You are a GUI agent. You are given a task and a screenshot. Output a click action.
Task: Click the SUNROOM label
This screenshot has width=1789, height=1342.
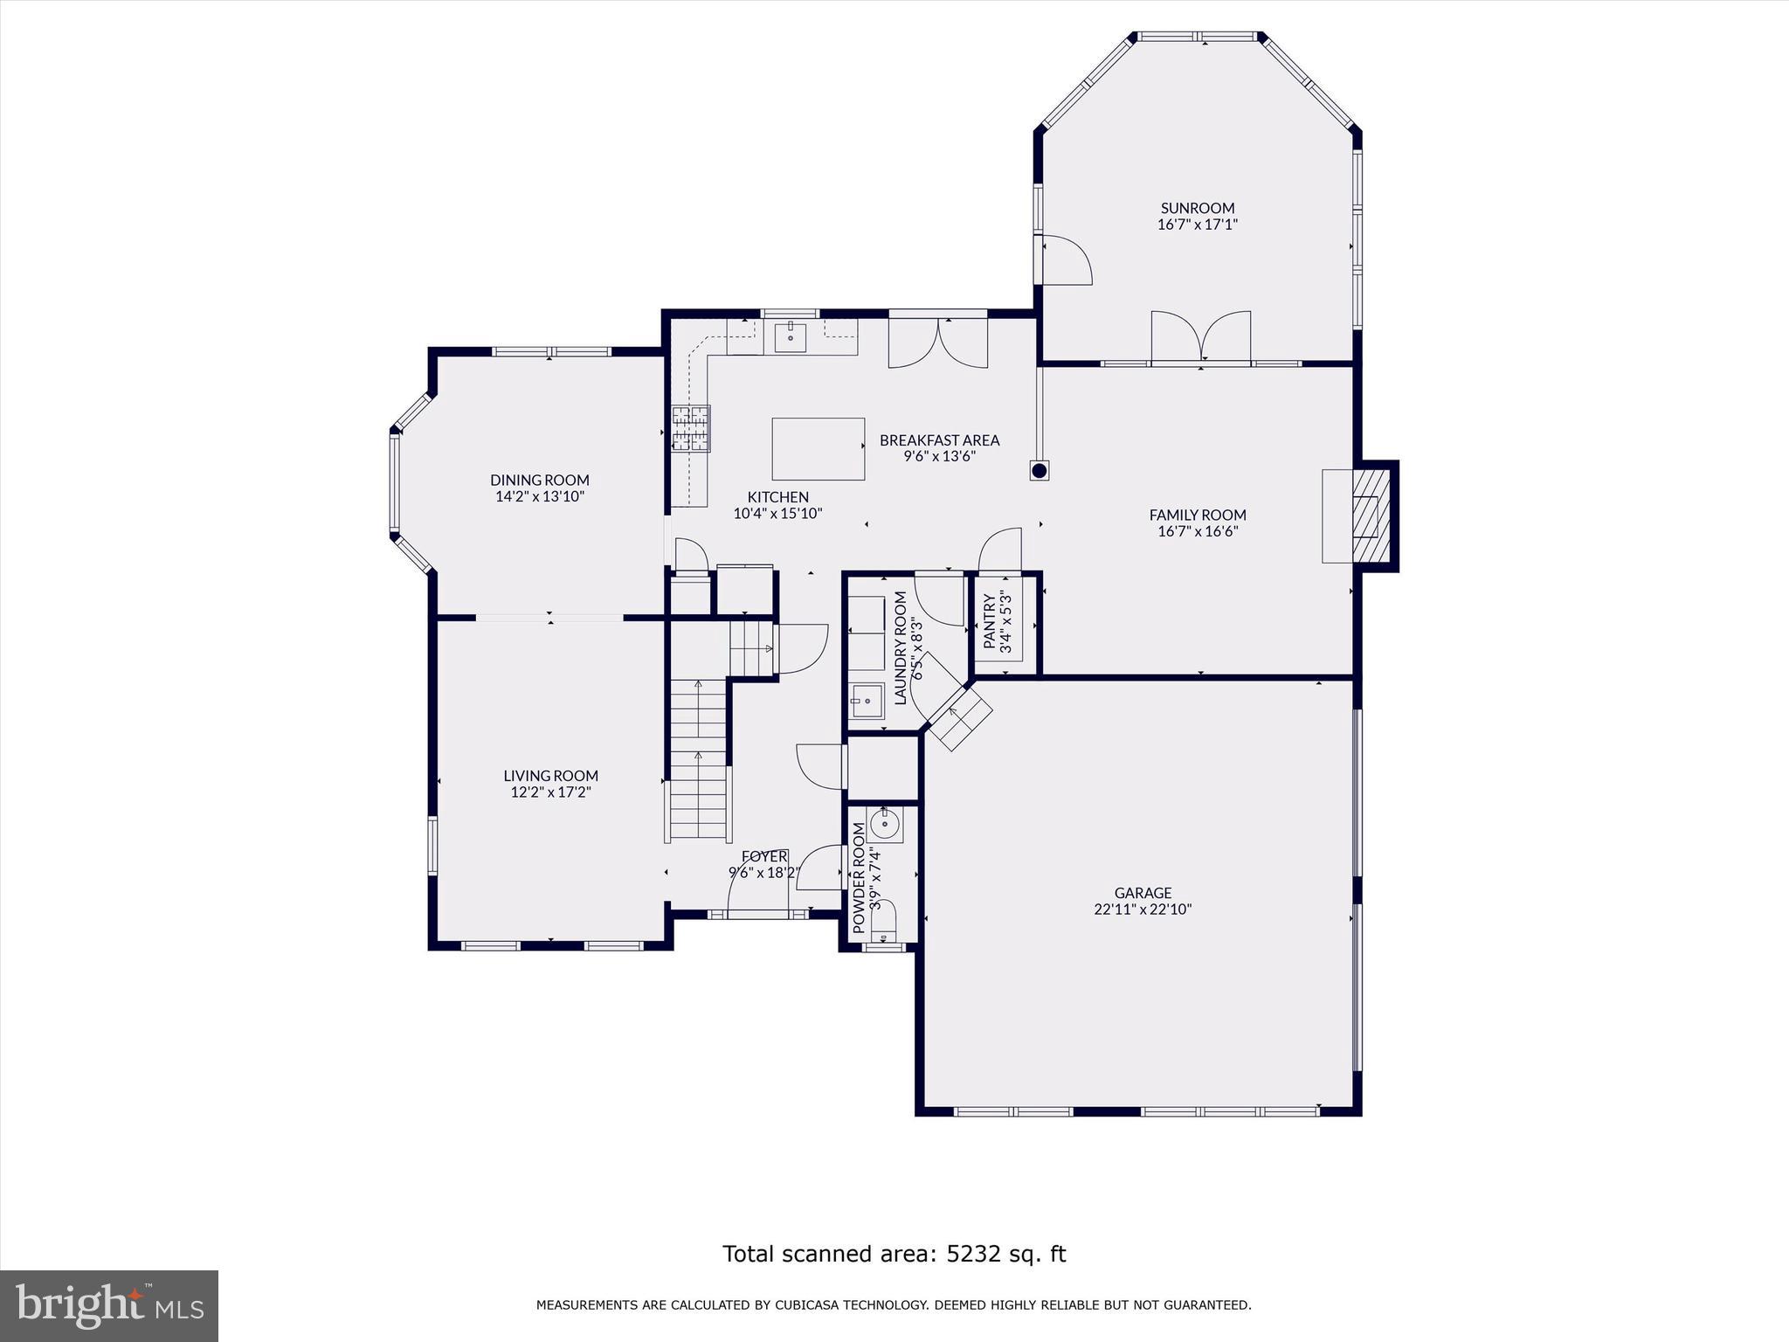point(1197,208)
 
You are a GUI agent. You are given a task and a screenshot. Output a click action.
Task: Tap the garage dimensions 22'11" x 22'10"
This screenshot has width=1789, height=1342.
point(1143,909)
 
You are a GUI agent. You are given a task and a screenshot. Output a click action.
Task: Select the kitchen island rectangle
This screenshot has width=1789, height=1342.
point(818,448)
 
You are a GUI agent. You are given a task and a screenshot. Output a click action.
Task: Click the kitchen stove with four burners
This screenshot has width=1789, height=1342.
point(690,429)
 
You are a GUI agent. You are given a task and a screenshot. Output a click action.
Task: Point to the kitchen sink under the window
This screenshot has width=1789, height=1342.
point(791,336)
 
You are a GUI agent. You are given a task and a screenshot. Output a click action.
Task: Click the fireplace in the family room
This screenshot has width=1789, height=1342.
point(1366,515)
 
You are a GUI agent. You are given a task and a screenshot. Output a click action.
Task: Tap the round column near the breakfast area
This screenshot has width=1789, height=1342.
point(1039,471)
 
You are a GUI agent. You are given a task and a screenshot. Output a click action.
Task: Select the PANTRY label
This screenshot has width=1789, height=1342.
point(990,622)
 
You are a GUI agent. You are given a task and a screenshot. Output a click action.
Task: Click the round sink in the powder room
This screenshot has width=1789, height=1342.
point(884,822)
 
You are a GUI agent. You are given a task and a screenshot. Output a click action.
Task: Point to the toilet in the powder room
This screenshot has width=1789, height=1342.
point(883,921)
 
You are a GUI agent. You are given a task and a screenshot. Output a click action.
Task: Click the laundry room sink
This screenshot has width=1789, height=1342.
point(867,701)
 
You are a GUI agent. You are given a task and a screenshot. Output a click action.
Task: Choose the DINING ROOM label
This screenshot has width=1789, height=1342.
point(539,480)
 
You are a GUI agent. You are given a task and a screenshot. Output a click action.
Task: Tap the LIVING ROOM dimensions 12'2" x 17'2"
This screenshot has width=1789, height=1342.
point(550,792)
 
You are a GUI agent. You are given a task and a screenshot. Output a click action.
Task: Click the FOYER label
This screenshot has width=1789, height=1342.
point(764,856)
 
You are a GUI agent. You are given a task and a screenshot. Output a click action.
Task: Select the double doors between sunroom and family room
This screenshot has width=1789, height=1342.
point(1201,336)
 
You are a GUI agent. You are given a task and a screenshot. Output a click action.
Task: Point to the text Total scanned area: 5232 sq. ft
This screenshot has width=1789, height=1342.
point(894,1254)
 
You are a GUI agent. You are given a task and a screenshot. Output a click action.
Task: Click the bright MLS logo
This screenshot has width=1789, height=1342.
point(109,1306)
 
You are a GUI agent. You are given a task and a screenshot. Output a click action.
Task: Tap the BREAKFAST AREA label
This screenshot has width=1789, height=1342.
point(939,440)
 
